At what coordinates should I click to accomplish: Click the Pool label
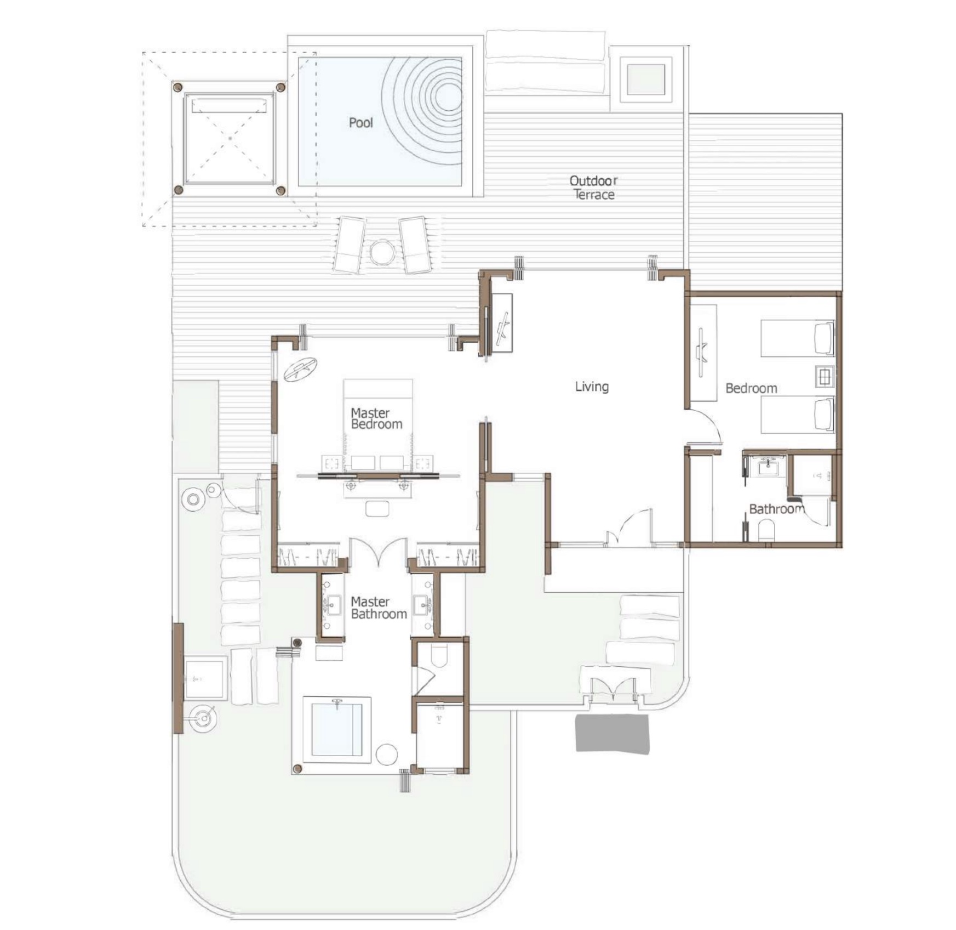(361, 122)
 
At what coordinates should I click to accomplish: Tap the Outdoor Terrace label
(594, 188)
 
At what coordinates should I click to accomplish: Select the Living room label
(592, 387)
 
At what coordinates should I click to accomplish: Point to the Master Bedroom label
(376, 418)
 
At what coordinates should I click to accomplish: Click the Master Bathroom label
(379, 608)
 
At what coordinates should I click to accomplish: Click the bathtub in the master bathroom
(337, 729)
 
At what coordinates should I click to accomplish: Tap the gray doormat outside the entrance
(612, 733)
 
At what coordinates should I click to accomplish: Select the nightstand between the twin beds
(825, 377)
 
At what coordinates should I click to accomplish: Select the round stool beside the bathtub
(386, 754)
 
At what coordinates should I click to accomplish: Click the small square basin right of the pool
(645, 80)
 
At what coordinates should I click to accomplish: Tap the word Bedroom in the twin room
(751, 388)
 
